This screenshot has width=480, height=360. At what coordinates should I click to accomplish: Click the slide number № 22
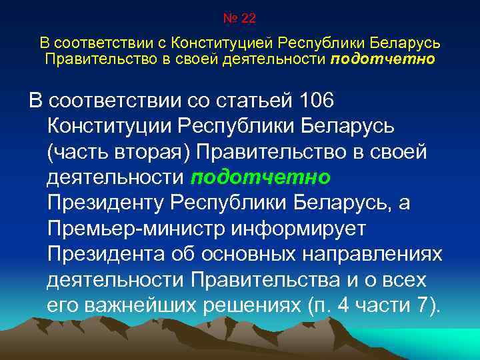[x=239, y=18]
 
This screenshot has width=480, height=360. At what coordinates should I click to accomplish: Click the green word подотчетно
[x=261, y=179]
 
